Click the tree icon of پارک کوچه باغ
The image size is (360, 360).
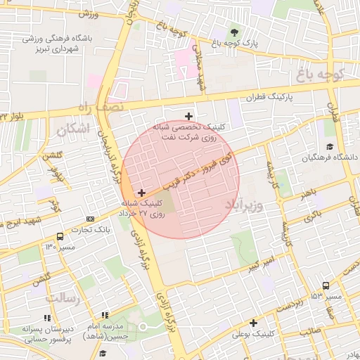(234, 32)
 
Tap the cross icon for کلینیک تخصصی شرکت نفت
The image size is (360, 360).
(188, 116)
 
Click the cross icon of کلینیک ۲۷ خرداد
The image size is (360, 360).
(142, 192)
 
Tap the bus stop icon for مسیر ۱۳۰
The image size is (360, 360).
(60, 236)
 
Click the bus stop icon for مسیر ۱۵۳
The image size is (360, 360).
(326, 285)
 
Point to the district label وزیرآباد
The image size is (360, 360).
(244, 205)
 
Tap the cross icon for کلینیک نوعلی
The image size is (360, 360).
(253, 323)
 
